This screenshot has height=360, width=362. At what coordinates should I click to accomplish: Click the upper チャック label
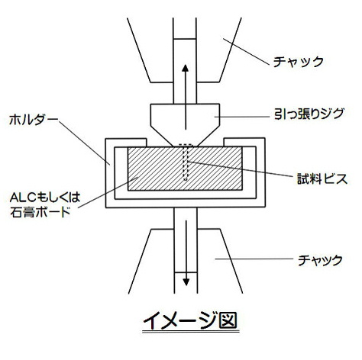(298, 62)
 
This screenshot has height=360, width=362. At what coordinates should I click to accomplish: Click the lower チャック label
(320, 260)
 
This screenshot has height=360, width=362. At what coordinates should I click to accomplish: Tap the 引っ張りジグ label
(309, 114)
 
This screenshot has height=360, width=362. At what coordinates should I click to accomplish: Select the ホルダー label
(34, 120)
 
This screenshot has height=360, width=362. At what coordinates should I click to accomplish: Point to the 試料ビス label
(322, 178)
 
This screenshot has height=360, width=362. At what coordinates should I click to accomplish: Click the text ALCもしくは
(45, 198)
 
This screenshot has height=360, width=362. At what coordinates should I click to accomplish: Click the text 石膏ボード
(40, 212)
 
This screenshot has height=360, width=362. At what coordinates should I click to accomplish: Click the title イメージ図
(190, 320)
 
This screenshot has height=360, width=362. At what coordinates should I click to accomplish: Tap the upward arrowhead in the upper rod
(186, 68)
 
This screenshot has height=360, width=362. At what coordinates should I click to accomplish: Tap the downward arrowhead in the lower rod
(186, 282)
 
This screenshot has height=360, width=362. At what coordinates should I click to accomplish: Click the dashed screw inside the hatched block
(186, 162)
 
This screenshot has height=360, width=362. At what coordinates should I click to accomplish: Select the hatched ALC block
(185, 169)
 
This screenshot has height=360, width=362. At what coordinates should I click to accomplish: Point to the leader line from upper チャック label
(246, 52)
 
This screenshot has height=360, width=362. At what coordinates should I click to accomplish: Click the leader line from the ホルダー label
(84, 142)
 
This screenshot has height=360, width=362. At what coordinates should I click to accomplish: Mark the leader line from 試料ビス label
(241, 169)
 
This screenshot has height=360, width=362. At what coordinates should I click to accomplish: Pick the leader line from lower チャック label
(254, 259)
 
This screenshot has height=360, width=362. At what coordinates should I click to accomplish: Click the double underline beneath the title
(191, 332)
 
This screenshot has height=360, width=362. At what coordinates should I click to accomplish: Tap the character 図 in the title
(228, 320)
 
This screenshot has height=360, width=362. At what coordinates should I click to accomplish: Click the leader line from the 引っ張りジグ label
(242, 117)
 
